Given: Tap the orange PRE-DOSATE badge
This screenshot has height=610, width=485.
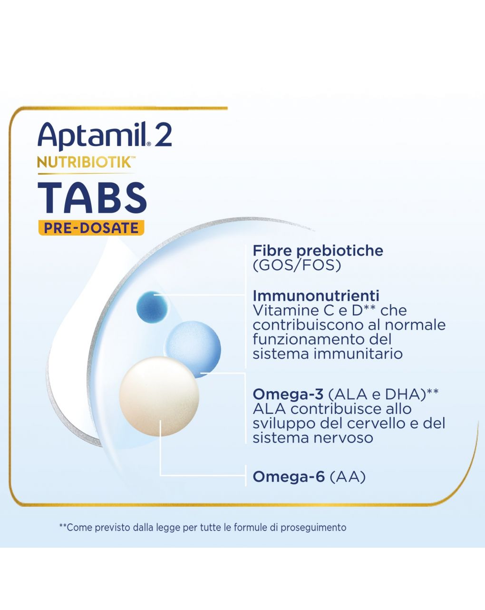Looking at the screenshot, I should (91, 228).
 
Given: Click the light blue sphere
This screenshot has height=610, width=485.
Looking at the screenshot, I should (193, 346).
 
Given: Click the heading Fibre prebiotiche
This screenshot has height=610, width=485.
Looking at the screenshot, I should (318, 251).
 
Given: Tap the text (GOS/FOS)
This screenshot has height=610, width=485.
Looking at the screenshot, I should (297, 266).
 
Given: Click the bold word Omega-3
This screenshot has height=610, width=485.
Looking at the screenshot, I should (288, 394).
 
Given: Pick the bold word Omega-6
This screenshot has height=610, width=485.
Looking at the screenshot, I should (288, 476).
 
